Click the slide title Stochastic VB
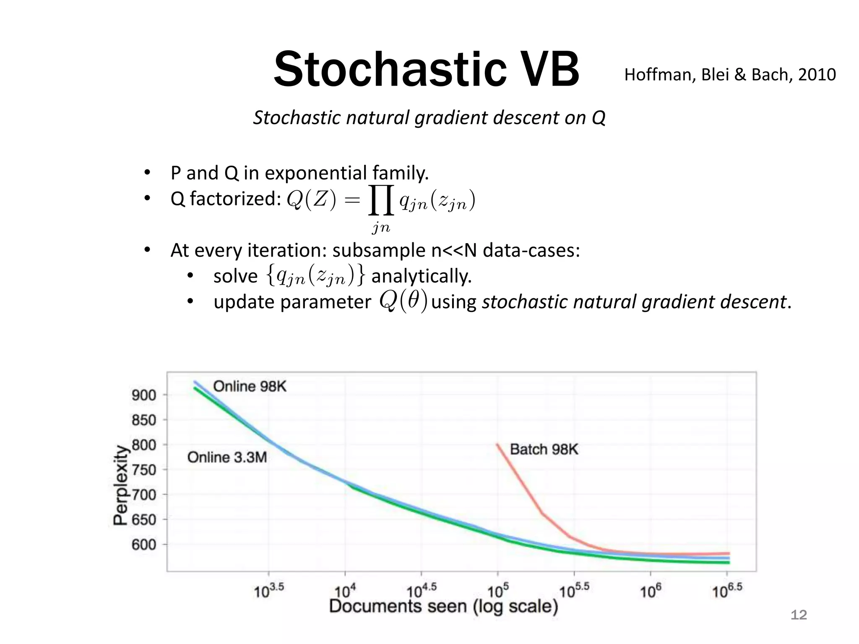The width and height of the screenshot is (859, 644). click(x=426, y=69)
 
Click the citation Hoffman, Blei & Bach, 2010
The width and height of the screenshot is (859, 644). click(x=730, y=75)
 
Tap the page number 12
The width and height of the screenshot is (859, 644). click(x=798, y=615)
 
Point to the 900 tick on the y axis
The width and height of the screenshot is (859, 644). click(x=144, y=395)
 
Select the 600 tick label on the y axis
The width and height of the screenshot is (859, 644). click(x=144, y=545)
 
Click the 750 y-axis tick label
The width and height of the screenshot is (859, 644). click(x=144, y=470)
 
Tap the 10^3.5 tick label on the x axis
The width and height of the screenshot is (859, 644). click(x=269, y=591)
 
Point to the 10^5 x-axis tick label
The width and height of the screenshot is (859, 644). click(x=498, y=591)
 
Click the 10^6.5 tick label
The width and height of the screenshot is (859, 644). click(x=727, y=591)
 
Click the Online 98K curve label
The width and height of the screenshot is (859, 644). click(x=250, y=386)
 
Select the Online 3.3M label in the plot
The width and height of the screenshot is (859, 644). click(x=227, y=457)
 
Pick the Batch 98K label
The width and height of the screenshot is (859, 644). click(x=544, y=449)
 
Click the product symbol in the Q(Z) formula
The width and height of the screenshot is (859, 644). click(x=381, y=200)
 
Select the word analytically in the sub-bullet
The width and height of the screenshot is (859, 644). click(x=422, y=276)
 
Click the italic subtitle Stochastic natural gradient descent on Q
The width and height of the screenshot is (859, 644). click(x=429, y=117)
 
